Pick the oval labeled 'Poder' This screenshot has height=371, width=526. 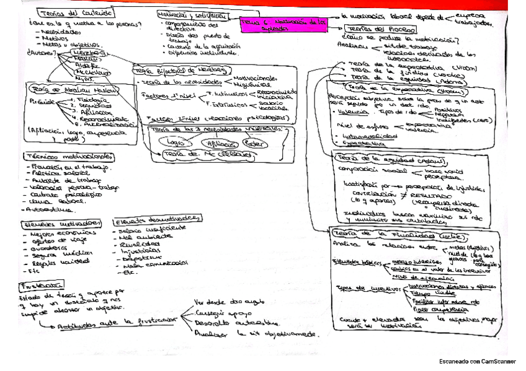tap(251, 142)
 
